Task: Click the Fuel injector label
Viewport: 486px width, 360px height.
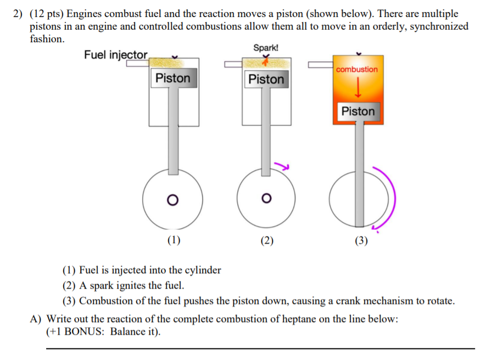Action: [116, 55]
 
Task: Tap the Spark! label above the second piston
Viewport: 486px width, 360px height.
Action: [266, 48]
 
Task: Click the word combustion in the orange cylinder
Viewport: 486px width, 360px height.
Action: [357, 70]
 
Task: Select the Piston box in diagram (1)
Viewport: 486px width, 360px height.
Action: [172, 78]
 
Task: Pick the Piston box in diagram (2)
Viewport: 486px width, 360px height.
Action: [266, 79]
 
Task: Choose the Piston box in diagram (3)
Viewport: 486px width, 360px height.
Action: [358, 111]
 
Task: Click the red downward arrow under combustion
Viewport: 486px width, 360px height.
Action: [357, 87]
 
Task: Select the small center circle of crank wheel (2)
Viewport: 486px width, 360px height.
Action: [266, 198]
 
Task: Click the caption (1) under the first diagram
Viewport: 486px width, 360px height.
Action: [174, 240]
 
